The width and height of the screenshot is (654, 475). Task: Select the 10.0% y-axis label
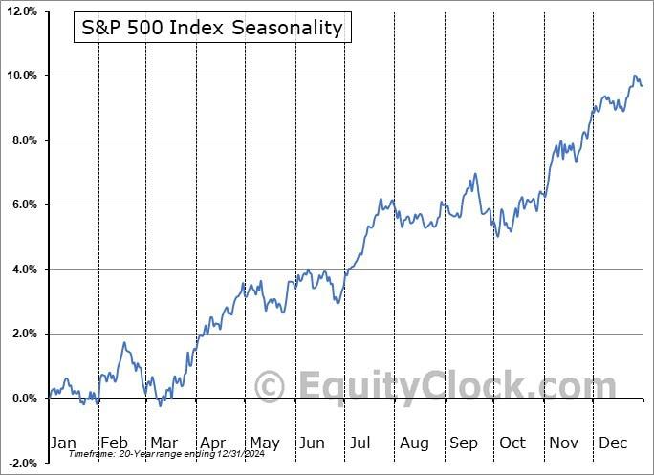pos(22,76)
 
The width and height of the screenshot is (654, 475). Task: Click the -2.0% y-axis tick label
pos(22,463)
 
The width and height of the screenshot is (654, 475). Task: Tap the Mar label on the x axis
pos(163,443)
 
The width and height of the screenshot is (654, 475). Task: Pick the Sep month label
pos(464,443)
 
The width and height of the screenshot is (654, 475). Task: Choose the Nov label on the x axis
pos(563,443)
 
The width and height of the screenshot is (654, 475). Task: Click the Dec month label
pos(613,443)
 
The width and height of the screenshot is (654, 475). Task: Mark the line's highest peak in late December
pos(634,76)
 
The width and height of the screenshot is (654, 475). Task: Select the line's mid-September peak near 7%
pos(475,174)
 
